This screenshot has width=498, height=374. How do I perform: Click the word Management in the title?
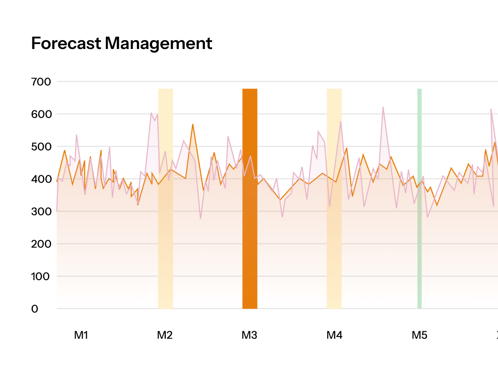click(x=158, y=44)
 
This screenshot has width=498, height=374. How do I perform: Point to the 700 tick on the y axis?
click(x=41, y=82)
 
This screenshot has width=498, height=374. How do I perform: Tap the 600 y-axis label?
click(x=41, y=114)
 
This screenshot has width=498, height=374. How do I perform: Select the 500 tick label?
click(x=41, y=147)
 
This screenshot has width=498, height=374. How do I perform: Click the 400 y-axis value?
click(x=41, y=179)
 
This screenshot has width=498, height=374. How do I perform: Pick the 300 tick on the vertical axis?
click(x=41, y=212)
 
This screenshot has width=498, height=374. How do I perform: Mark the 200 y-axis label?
click(x=41, y=244)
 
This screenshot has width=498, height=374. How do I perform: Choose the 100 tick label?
click(x=41, y=277)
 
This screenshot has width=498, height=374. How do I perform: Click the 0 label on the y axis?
click(x=35, y=309)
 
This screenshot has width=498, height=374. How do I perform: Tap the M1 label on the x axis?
click(x=81, y=335)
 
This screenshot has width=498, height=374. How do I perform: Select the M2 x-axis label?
click(x=165, y=335)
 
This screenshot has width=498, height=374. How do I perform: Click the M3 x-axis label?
click(x=249, y=335)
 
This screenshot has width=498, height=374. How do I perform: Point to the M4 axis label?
click(x=334, y=335)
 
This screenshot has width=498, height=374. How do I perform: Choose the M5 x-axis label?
click(x=419, y=335)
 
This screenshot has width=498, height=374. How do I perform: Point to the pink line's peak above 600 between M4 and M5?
click(x=383, y=107)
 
